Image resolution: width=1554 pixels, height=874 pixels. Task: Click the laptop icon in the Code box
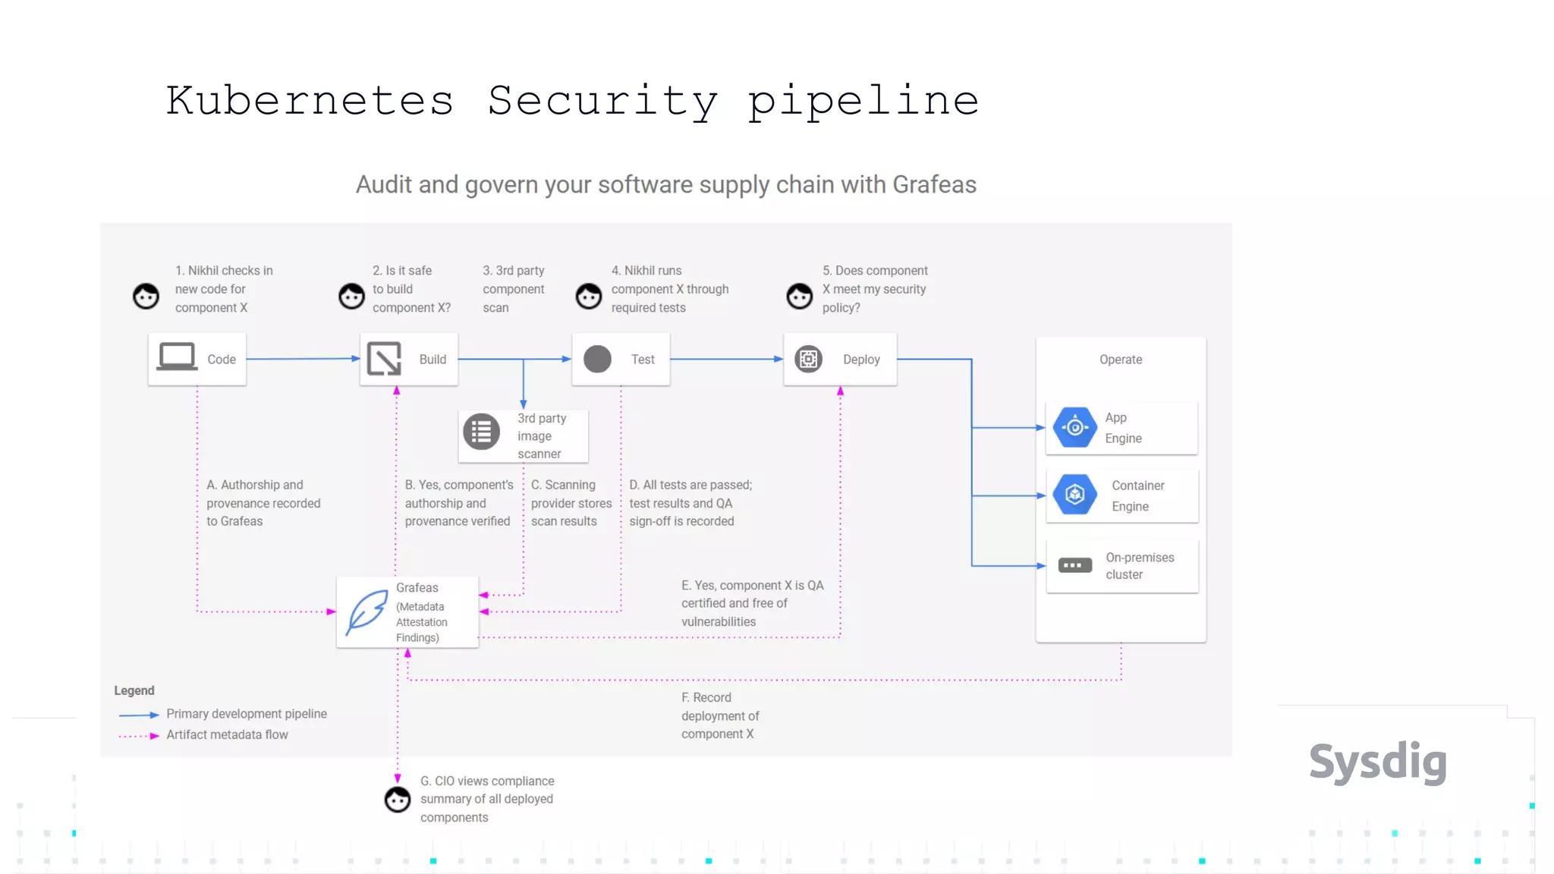(x=177, y=357)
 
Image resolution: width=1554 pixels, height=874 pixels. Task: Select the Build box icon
(x=384, y=359)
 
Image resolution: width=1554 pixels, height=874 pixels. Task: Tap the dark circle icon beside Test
(x=597, y=359)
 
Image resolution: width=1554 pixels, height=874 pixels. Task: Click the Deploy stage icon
(x=808, y=359)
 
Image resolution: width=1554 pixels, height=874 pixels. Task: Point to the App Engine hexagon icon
(x=1074, y=428)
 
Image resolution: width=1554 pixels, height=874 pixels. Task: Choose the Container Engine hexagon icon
(x=1074, y=495)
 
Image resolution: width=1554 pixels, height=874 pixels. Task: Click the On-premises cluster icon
(x=1074, y=565)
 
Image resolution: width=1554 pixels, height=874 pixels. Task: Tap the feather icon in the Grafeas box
(x=366, y=611)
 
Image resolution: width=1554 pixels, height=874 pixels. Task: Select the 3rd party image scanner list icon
(x=481, y=432)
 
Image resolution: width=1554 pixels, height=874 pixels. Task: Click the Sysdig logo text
(x=1377, y=762)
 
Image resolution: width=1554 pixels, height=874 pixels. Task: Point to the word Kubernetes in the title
(x=310, y=101)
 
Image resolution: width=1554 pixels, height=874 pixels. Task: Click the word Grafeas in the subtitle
(x=934, y=184)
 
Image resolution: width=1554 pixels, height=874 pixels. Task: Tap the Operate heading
(x=1121, y=360)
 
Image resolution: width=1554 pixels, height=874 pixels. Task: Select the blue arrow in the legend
(x=139, y=715)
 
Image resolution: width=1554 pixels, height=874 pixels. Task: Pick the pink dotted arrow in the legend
(x=139, y=735)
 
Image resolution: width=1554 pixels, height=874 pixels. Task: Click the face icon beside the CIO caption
(x=398, y=799)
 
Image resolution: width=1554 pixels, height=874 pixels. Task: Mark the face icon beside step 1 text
(x=146, y=296)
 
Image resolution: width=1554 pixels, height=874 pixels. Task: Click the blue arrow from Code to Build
(x=303, y=359)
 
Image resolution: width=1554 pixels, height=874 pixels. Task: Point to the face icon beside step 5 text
(x=799, y=296)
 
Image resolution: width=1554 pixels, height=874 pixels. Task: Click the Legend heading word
(x=134, y=690)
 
